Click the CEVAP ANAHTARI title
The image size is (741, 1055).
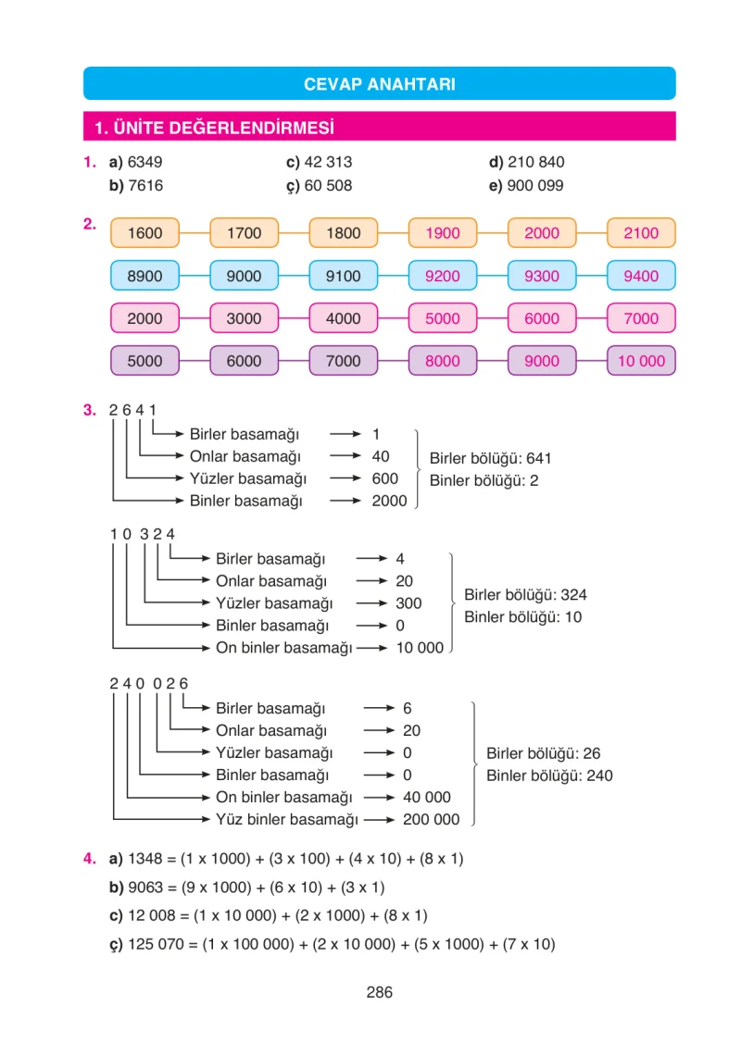click(x=379, y=84)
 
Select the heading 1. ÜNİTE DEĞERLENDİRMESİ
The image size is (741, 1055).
click(x=214, y=128)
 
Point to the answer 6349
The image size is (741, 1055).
click(x=144, y=162)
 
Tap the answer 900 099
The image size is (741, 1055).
click(x=534, y=186)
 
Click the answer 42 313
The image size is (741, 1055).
click(x=328, y=162)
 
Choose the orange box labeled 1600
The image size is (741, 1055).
click(x=144, y=233)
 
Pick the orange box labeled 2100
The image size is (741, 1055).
click(x=641, y=233)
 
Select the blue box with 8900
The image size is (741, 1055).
click(x=144, y=276)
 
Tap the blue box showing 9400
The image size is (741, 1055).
click(x=641, y=276)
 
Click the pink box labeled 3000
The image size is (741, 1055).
click(x=244, y=318)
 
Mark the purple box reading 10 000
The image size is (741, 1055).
click(x=641, y=361)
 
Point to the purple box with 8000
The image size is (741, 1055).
click(x=443, y=361)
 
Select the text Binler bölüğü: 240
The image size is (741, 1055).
click(x=549, y=776)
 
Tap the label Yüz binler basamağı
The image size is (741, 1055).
click(x=287, y=820)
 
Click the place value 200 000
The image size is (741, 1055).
click(x=431, y=820)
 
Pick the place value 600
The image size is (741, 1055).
click(x=384, y=478)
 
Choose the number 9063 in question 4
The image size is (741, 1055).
click(x=145, y=887)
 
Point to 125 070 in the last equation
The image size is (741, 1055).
click(x=156, y=944)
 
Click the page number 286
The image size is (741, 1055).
click(x=379, y=992)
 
